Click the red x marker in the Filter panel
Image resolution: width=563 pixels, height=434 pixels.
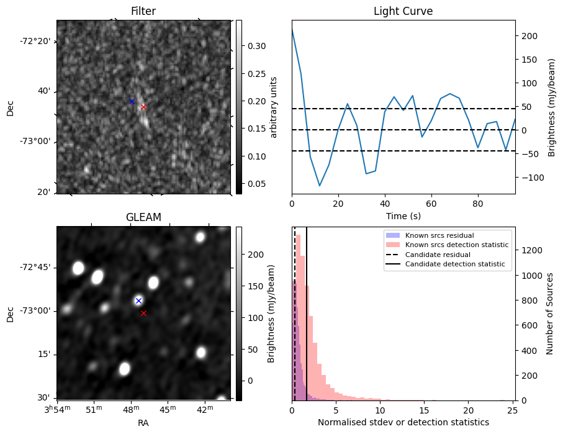click(143, 107)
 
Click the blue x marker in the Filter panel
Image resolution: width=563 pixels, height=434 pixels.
click(132, 101)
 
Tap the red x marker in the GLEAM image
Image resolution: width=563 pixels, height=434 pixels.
click(143, 313)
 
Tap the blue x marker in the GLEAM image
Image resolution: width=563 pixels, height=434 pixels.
click(138, 301)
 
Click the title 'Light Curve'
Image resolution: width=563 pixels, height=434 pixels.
click(403, 12)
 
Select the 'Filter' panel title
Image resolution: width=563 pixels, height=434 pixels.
click(143, 12)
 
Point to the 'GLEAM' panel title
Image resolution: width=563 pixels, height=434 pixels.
click(143, 217)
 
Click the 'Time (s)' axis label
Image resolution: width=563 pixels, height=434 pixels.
click(403, 215)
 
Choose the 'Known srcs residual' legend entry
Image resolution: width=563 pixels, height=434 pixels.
click(439, 235)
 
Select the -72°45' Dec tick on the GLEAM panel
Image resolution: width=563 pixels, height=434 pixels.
click(37, 268)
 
